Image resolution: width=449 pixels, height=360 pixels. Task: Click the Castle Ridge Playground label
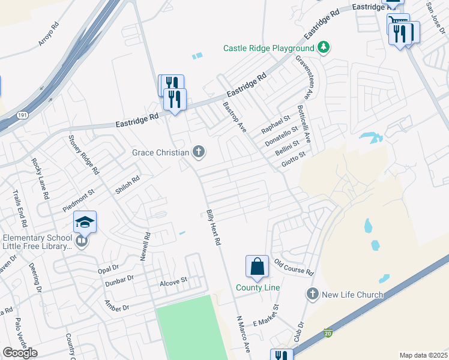click(268, 48)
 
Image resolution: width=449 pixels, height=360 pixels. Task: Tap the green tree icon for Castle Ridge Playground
click(324, 47)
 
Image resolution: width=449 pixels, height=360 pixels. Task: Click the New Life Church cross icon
click(312, 294)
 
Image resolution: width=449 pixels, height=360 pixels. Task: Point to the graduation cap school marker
click(85, 223)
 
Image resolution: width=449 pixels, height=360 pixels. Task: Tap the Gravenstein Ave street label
click(304, 77)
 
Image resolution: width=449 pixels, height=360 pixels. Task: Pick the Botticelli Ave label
click(303, 124)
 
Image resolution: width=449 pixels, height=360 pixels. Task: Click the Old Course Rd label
click(294, 267)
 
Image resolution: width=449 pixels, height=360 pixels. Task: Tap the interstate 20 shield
click(328, 332)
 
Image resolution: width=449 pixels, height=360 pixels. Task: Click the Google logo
click(20, 353)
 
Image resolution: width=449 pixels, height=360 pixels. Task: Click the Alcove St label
click(173, 280)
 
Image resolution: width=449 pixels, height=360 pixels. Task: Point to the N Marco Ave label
click(243, 334)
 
